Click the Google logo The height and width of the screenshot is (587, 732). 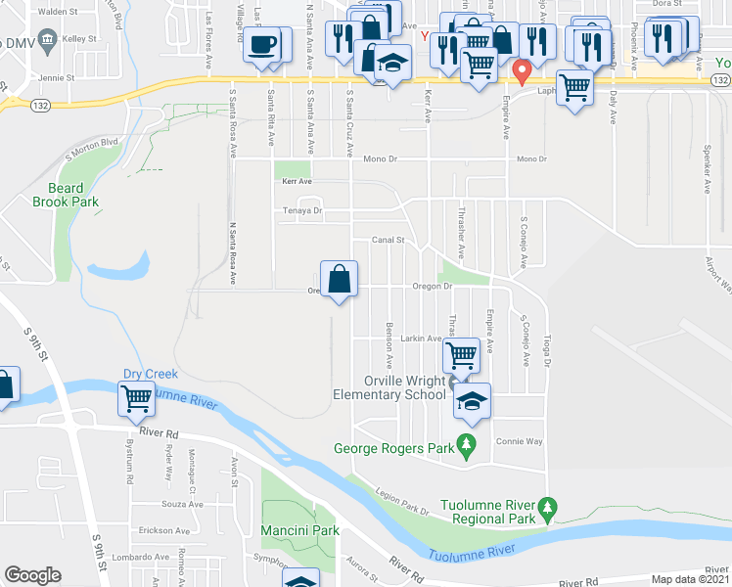(x=33, y=575)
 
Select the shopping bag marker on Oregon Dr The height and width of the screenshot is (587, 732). (x=338, y=279)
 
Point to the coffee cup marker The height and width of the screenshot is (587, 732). (x=263, y=46)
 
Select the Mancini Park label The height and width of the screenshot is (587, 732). (x=299, y=530)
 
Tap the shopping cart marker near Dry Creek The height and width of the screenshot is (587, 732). (x=135, y=398)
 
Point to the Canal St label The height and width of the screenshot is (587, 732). (x=388, y=240)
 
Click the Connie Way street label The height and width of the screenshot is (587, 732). (x=520, y=441)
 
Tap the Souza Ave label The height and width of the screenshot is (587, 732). (x=182, y=505)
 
